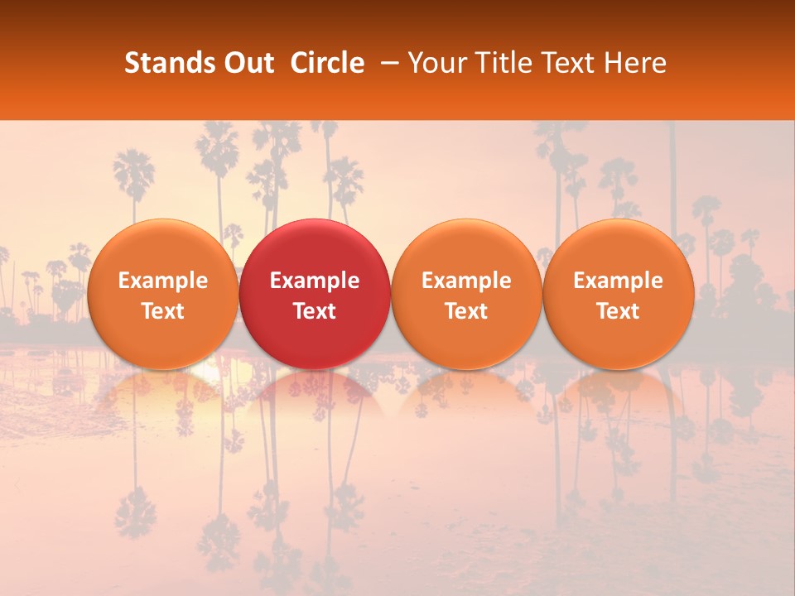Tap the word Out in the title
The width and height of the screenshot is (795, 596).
pyautogui.click(x=247, y=63)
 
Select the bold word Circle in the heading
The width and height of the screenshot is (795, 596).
pyautogui.click(x=327, y=63)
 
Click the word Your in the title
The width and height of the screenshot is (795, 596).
pyautogui.click(x=434, y=63)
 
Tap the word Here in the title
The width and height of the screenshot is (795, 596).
pyautogui.click(x=636, y=63)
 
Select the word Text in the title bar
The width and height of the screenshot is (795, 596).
pyautogui.click(x=566, y=63)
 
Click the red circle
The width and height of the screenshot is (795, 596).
pyautogui.click(x=315, y=294)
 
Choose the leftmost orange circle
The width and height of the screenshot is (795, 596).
pyautogui.click(x=162, y=294)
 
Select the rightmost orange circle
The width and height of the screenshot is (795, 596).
pyautogui.click(x=618, y=294)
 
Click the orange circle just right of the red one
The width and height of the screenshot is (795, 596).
pyautogui.click(x=466, y=294)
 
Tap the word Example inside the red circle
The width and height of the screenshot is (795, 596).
pyautogui.click(x=315, y=281)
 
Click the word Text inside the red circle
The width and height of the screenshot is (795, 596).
pyautogui.click(x=315, y=311)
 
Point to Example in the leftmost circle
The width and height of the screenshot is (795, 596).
pyautogui.click(x=162, y=281)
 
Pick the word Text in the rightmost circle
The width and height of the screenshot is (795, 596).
pyautogui.click(x=618, y=311)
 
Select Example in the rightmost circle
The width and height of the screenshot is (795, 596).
pyautogui.click(x=618, y=281)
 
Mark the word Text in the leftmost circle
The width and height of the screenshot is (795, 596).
pyautogui.click(x=162, y=311)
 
